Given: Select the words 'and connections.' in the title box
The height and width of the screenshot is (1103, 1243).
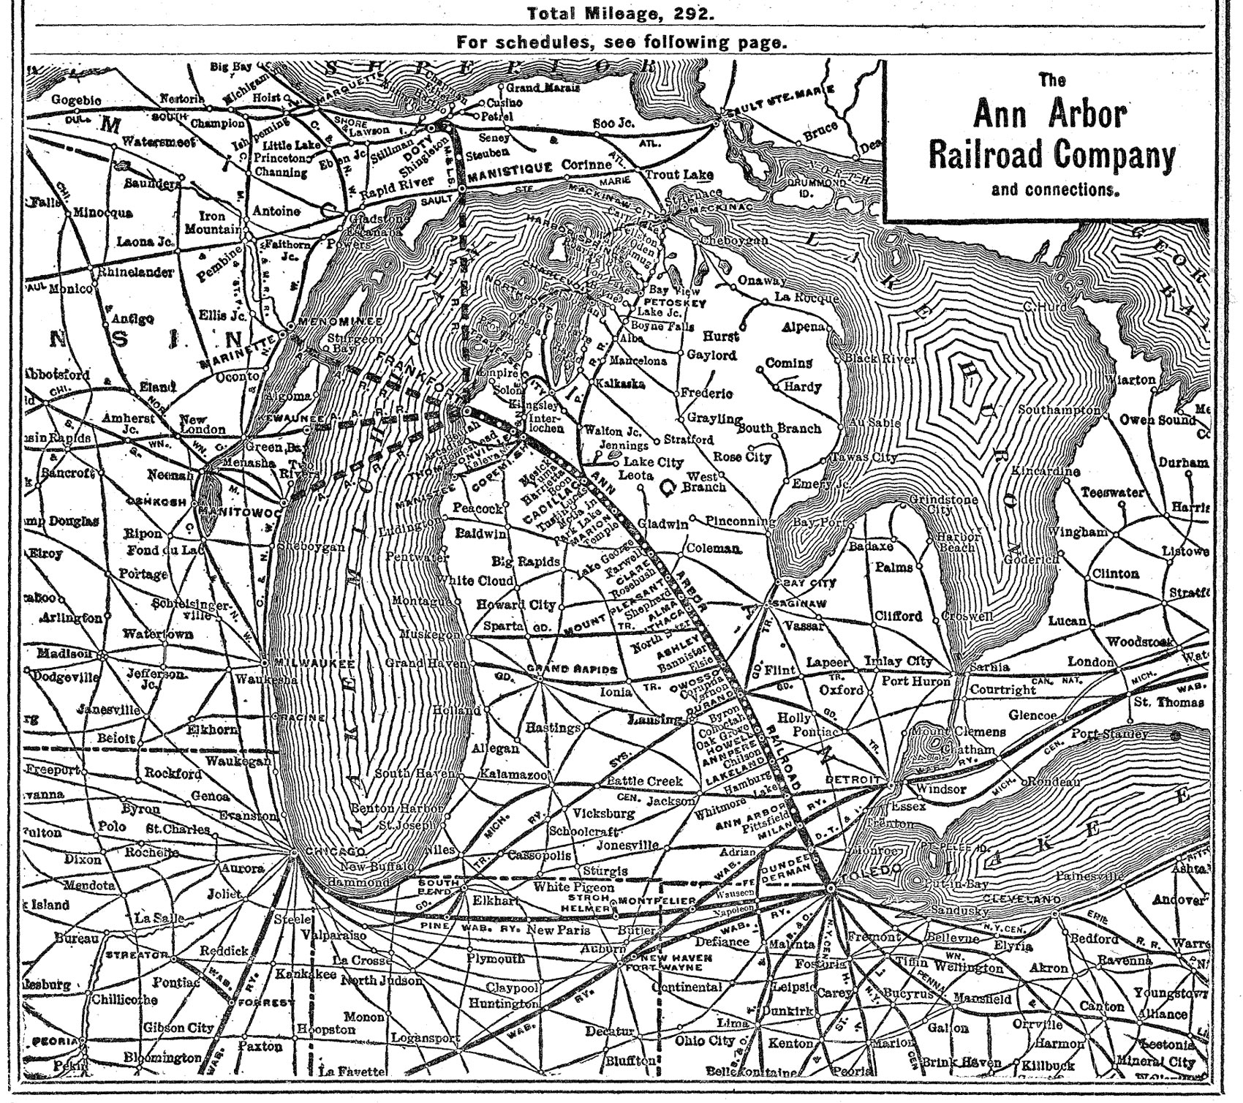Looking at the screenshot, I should [x=1052, y=190].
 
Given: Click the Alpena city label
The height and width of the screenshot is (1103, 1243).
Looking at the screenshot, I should [x=803, y=327].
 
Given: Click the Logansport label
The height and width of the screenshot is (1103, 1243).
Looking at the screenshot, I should [x=425, y=1038].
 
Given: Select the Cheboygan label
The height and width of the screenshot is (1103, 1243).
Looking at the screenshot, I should [x=733, y=241].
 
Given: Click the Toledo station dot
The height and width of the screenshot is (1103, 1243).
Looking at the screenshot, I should [x=831, y=887].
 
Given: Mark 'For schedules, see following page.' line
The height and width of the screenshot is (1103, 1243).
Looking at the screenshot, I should [x=621, y=42].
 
